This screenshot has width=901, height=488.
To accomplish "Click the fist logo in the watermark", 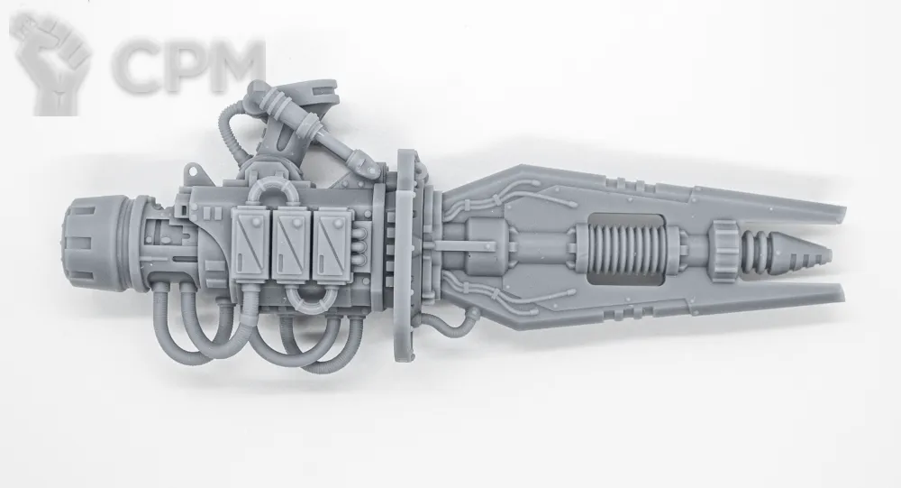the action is coord(50,62).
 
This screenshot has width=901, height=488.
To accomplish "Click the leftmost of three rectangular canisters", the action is coord(250,242).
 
